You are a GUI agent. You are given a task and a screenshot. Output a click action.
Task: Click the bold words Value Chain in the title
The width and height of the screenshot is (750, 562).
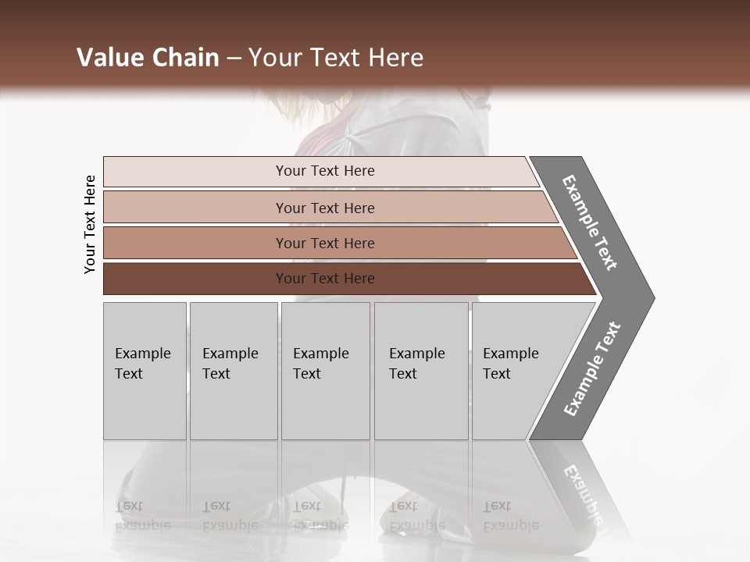tap(148, 58)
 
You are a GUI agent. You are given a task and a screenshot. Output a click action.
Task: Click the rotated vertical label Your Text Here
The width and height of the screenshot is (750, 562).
tap(90, 225)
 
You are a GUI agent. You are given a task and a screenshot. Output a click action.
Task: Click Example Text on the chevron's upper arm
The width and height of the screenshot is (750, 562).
tap(590, 222)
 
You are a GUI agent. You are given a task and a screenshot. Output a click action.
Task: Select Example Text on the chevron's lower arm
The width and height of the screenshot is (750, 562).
tap(592, 369)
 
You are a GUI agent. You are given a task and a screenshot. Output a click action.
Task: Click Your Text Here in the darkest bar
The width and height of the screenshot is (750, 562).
tap(325, 279)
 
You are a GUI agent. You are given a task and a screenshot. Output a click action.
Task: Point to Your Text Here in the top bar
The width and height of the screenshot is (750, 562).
tap(325, 171)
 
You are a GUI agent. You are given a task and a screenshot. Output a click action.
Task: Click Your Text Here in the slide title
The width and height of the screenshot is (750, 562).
tap(336, 58)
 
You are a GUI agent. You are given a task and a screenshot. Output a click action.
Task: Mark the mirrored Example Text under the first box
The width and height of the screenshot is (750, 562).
tap(143, 515)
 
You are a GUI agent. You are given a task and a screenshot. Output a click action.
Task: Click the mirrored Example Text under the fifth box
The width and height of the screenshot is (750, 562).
tap(511, 515)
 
